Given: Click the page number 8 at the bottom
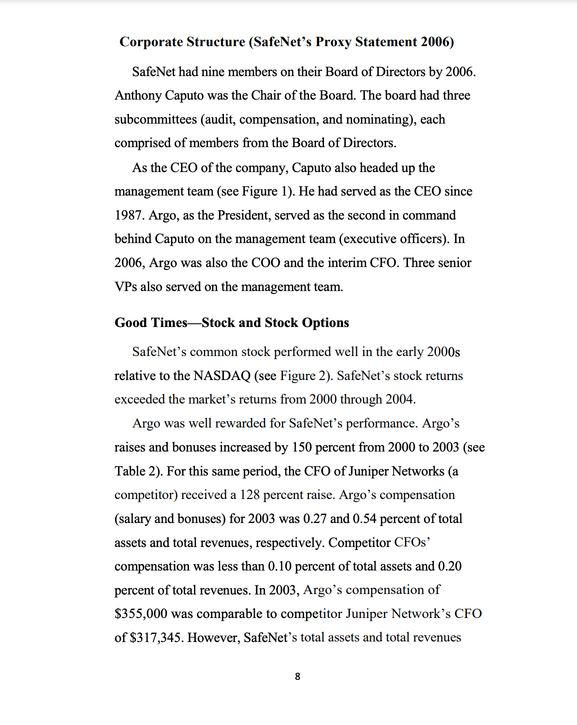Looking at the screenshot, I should (297, 677).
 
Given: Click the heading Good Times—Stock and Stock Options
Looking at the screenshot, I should (231, 322).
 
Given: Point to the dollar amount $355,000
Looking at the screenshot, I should (141, 614).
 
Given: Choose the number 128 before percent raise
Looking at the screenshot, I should (249, 495).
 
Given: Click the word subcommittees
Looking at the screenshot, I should (156, 119).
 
